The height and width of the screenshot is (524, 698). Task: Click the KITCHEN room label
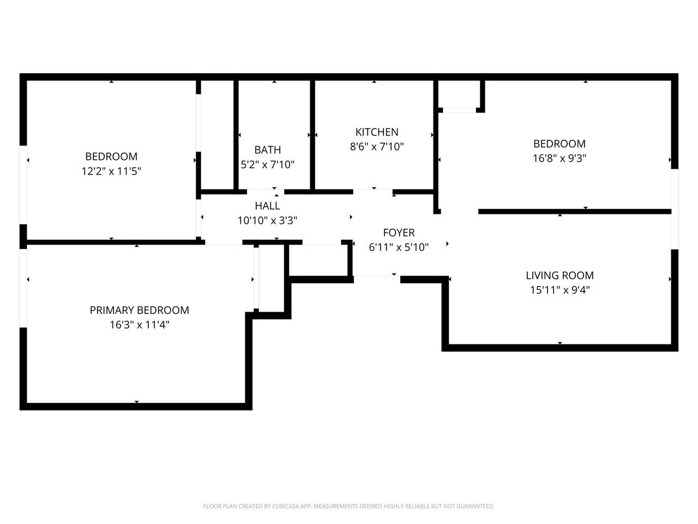pos(377,132)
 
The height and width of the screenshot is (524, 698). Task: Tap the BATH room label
pos(268,150)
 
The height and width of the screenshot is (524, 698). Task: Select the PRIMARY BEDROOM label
pos(139,311)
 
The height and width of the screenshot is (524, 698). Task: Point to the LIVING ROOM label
pos(559,276)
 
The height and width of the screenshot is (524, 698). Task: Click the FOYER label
pos(399,233)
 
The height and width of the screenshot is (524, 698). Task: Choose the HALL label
pos(267,206)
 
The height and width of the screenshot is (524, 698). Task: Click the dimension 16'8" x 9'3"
pos(559,159)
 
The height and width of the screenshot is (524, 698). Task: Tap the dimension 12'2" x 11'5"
pos(111,171)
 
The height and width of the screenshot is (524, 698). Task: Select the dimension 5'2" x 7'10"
pos(268,165)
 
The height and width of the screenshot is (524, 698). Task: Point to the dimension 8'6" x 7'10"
pos(377,147)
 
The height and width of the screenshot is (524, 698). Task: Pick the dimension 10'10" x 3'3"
pos(267,221)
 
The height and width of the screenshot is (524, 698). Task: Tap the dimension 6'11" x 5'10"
pos(399,247)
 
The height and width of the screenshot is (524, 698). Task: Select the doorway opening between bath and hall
pos(266,192)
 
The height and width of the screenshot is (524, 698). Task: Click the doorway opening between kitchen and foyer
pos(372,192)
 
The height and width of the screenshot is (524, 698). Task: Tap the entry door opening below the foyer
pos(377,279)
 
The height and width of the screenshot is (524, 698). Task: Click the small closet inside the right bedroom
pos(459,95)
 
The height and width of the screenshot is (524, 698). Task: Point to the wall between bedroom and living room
pos(574,211)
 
